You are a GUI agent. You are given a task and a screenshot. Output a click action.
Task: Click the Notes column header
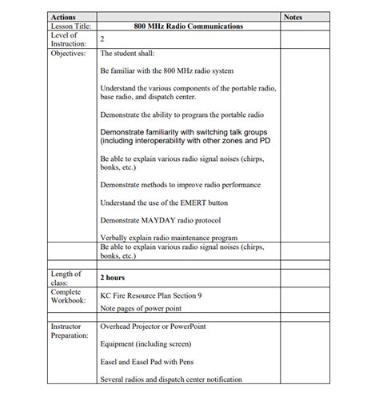[x=293, y=17]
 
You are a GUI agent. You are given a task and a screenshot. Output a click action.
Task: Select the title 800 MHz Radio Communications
[x=189, y=26]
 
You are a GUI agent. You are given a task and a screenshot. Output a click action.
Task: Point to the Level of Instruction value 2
[x=103, y=39]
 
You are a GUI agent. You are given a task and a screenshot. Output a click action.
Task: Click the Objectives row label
[x=68, y=53]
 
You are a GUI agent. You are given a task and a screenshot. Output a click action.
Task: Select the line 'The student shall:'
[x=128, y=54]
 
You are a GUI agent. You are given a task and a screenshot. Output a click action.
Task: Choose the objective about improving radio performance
[x=180, y=185]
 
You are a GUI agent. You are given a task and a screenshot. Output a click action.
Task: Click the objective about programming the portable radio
[x=182, y=114]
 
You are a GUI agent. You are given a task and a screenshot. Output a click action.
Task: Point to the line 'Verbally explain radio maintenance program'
[x=168, y=238]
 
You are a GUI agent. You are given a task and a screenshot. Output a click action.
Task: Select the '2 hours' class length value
[x=113, y=278]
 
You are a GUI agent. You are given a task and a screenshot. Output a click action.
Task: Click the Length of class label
[x=66, y=278]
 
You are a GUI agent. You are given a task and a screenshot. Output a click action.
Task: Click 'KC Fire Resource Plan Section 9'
[x=151, y=295]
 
